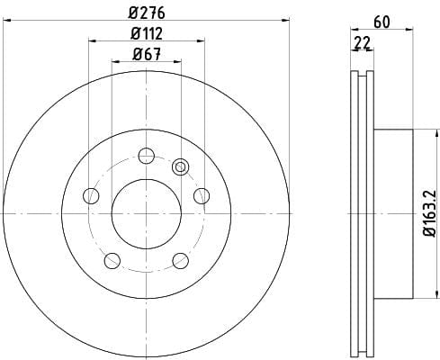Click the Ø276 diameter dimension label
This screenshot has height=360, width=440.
pyautogui.click(x=147, y=13)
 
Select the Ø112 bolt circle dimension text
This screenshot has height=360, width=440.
pyautogui.click(x=147, y=33)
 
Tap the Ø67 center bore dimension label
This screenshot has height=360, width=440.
pyautogui.click(x=147, y=54)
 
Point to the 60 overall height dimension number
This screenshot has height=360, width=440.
pyautogui.click(x=382, y=22)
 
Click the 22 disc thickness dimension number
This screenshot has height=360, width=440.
pyautogui.click(x=363, y=42)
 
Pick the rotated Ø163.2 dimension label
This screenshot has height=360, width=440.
pyautogui.click(x=429, y=213)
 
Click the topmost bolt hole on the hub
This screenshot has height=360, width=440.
pyautogui.click(x=147, y=156)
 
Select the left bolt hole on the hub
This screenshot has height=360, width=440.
pyautogui.click(x=91, y=196)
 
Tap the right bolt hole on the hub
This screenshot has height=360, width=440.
pyautogui.click(x=202, y=196)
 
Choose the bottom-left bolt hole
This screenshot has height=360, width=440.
pyautogui.click(x=112, y=260)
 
